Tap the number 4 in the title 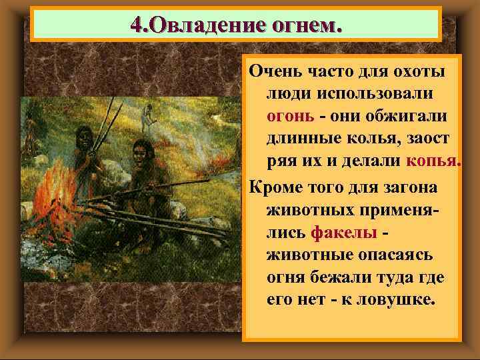(136, 26)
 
